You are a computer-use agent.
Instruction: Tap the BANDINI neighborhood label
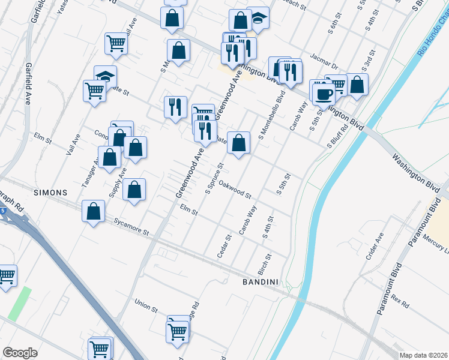coord(262,281)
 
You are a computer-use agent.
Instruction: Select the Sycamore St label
coord(131,227)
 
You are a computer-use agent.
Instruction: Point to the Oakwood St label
coord(235,189)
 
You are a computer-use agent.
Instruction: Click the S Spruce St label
coord(214,178)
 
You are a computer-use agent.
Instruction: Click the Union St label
coord(146,306)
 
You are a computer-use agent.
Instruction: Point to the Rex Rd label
coord(398,298)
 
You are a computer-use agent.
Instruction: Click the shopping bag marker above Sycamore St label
coord(93,211)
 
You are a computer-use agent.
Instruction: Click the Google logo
coord(20,353)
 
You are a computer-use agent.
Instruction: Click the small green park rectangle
coord(20,303)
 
